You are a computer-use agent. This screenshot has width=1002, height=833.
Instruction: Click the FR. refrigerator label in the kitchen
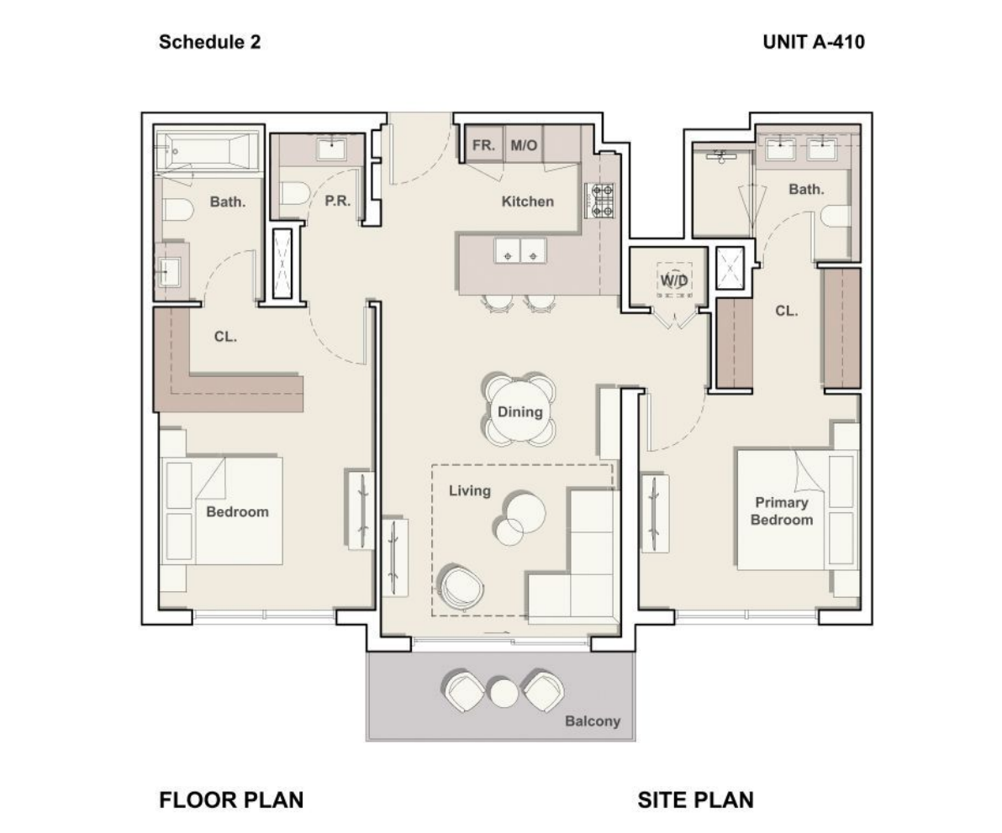coord(483,145)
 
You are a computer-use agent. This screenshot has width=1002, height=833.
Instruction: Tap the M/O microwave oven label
coord(524,145)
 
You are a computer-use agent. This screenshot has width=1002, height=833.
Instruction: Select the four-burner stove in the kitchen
coord(599,201)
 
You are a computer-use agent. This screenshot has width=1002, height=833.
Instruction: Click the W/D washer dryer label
coord(673,280)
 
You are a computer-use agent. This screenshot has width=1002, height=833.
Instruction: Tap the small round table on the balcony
coord(503,694)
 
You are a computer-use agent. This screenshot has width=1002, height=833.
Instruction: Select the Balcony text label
coord(593,721)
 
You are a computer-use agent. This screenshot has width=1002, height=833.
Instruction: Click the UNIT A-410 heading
coord(814,42)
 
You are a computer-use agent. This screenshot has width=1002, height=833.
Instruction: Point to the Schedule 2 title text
coord(209,42)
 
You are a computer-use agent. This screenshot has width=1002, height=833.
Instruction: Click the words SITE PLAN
coord(695,799)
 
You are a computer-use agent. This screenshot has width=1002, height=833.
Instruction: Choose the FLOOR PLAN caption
coord(231,799)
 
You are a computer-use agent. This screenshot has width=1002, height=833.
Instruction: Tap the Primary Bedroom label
coord(782,511)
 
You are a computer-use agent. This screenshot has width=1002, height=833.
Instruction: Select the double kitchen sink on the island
coord(520,250)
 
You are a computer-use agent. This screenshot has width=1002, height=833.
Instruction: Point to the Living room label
coord(470,491)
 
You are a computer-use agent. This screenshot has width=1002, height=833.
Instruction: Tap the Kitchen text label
coord(527,202)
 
